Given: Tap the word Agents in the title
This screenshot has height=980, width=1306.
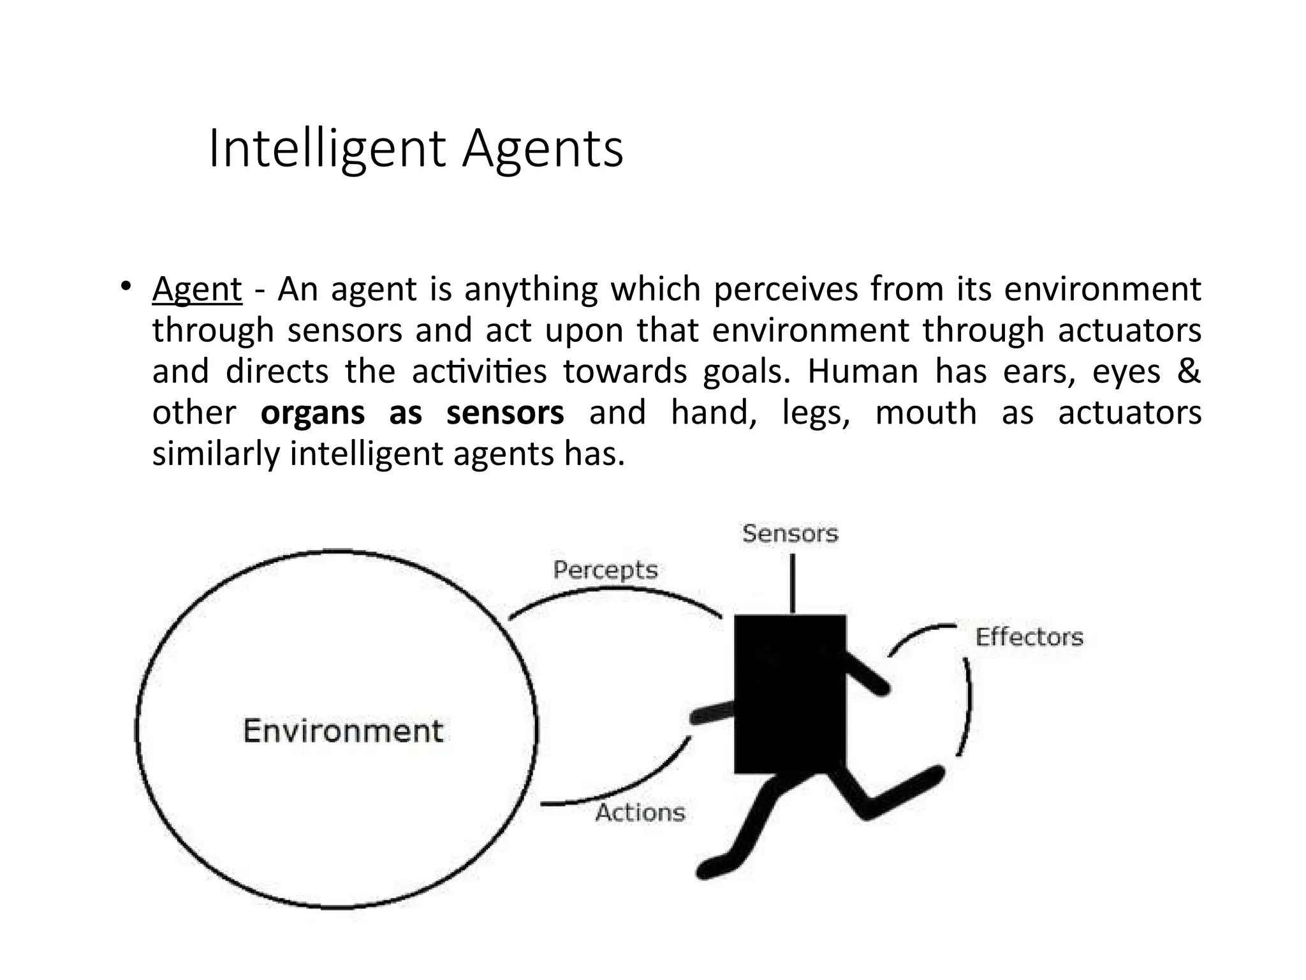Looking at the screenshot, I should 543,149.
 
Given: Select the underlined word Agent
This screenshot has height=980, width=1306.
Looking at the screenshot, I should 197,289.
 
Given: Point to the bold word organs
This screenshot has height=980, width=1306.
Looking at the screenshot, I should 312,413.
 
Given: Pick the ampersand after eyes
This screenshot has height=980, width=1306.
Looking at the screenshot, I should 1188,371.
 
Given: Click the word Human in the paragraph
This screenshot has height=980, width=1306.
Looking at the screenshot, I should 862,371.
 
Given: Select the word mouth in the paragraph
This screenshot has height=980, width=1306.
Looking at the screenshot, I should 925,413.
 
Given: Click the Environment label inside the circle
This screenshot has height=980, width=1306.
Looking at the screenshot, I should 343,731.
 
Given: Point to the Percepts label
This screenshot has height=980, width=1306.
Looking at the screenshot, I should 605,570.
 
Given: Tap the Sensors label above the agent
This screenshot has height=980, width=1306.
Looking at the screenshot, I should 790,533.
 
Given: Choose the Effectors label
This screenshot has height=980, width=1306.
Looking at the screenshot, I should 1029,637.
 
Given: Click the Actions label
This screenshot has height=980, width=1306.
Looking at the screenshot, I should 640,812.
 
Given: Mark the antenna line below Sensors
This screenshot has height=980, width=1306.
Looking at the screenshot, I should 793,583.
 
